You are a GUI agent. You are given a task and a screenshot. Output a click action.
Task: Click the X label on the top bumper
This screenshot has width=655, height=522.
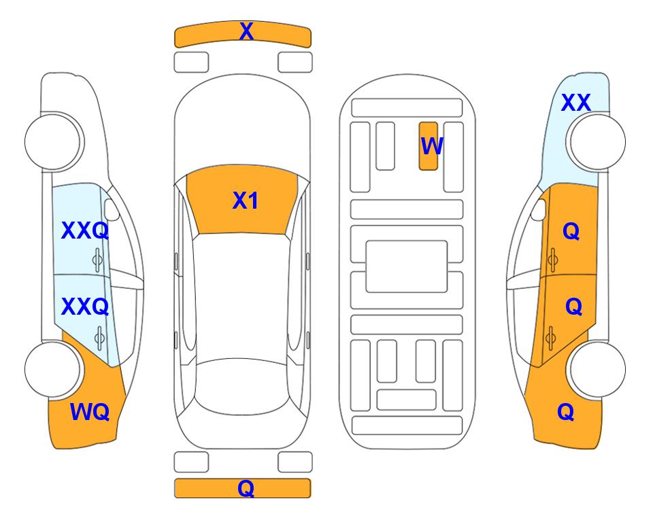click(246, 31)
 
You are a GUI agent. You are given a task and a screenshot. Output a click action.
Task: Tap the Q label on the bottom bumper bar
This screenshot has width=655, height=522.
click(246, 488)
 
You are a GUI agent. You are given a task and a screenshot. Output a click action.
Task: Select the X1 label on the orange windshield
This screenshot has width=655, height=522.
click(246, 201)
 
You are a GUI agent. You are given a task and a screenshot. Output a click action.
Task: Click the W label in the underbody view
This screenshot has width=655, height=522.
click(431, 145)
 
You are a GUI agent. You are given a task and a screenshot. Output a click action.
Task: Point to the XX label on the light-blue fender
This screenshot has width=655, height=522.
click(575, 103)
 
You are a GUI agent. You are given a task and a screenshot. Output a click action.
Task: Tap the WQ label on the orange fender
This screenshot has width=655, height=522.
click(90, 412)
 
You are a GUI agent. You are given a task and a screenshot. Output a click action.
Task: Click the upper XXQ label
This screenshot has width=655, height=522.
click(85, 230)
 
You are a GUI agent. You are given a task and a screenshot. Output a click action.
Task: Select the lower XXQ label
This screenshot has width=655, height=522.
click(85, 307)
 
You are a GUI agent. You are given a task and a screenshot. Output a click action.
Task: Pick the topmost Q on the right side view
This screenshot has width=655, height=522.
click(571, 231)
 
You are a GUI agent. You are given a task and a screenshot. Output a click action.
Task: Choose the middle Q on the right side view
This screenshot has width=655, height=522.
click(573, 307)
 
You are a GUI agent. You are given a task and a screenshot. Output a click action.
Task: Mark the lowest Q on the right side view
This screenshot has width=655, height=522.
click(566, 412)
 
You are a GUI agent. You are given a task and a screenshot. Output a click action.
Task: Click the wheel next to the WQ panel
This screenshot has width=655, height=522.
click(52, 369)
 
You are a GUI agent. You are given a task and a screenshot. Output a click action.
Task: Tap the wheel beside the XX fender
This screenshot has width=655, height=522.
click(597, 141)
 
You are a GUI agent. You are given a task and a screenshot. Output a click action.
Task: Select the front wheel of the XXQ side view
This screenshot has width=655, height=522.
click(52, 141)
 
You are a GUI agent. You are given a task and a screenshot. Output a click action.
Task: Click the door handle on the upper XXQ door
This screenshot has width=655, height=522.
click(97, 260)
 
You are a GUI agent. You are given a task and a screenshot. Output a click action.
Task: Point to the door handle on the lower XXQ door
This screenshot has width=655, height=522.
click(99, 338)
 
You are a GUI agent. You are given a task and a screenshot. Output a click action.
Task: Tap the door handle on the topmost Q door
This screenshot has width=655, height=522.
click(553, 260)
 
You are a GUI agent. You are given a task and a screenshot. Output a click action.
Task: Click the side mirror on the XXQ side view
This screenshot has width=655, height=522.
click(112, 209)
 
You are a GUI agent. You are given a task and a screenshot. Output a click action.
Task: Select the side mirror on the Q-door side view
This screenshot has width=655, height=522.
click(539, 209)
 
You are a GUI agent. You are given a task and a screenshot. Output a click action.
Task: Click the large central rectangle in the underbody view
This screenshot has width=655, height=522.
click(407, 266)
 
